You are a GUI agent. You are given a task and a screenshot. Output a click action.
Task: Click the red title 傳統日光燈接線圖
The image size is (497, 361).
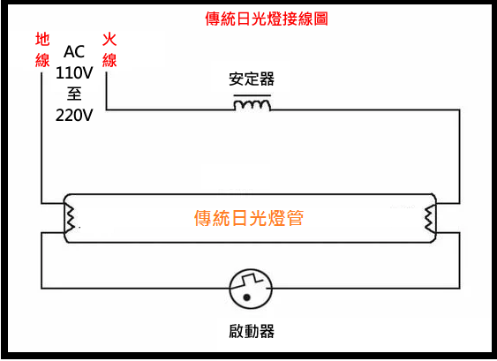click(x=267, y=19)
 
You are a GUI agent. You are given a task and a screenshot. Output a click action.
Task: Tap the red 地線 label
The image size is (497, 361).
click(x=42, y=49)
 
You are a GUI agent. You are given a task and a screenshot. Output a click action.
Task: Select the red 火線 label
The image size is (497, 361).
click(x=109, y=49)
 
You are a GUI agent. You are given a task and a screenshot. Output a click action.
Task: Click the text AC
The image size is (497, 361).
click(x=74, y=52)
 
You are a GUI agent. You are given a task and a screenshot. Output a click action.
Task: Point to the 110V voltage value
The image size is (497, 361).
click(x=74, y=73)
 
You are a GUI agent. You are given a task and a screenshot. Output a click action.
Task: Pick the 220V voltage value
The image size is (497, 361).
click(x=74, y=116)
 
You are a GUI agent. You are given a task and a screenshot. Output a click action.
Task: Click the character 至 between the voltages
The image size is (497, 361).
click(x=74, y=94)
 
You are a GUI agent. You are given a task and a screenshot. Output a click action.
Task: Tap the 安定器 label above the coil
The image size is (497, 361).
click(x=252, y=79)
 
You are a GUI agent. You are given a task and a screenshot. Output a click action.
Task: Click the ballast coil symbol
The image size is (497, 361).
click(x=252, y=105)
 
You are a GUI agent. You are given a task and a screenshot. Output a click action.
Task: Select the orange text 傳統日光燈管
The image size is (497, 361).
click(x=249, y=218)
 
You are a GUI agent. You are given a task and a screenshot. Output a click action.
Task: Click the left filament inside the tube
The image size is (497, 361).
click(x=70, y=218)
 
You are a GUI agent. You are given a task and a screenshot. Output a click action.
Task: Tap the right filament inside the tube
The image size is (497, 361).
click(x=430, y=218)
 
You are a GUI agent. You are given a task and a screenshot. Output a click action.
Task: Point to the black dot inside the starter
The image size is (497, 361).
click(x=246, y=297)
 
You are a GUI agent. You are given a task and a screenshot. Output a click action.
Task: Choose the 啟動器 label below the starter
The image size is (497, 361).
click(x=252, y=331)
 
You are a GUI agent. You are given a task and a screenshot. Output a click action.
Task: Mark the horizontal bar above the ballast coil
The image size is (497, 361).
click(x=252, y=95)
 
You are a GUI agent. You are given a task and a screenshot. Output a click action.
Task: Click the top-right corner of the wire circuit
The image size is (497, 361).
click(x=460, y=110)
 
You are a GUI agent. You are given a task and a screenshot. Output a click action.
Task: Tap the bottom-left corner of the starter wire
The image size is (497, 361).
click(x=41, y=289)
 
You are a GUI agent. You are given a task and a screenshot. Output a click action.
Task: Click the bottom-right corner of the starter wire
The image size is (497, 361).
click(x=460, y=289)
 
